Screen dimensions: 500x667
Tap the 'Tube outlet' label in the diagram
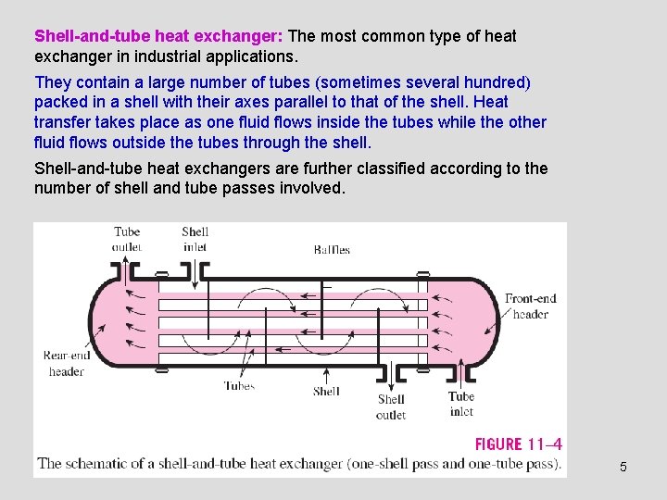[x=127, y=239]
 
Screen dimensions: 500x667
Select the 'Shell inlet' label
[x=195, y=239]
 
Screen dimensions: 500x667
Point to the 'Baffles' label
[x=332, y=249]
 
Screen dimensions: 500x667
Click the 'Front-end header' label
[x=530, y=306]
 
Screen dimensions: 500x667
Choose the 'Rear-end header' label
[x=67, y=363]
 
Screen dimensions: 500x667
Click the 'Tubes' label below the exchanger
[x=239, y=386]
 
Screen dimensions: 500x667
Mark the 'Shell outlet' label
[x=391, y=407]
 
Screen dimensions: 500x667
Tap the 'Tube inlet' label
[x=460, y=404]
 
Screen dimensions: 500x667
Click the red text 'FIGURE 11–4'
[x=518, y=444]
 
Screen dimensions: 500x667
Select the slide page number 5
[x=623, y=467]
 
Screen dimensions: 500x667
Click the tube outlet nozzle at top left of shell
[x=128, y=271]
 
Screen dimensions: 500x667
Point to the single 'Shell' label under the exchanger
[x=326, y=392]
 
